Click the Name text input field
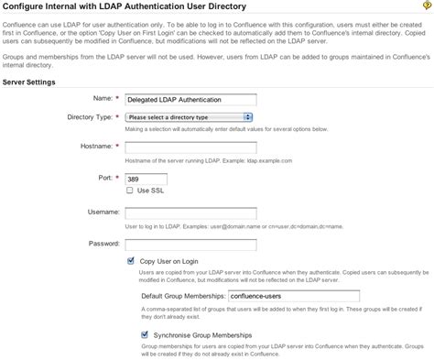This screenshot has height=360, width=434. point(190,98)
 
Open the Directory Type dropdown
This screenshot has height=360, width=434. point(190,117)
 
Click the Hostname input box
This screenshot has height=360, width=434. point(190,147)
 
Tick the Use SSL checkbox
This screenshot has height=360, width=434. point(129,191)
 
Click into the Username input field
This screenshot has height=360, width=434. point(190,213)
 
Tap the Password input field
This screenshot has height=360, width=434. point(190,244)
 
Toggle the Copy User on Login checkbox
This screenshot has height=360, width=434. point(129,261)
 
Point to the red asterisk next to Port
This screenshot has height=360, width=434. point(116,178)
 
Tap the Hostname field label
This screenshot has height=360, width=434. point(92,147)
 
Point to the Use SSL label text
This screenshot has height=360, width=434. point(150,191)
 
